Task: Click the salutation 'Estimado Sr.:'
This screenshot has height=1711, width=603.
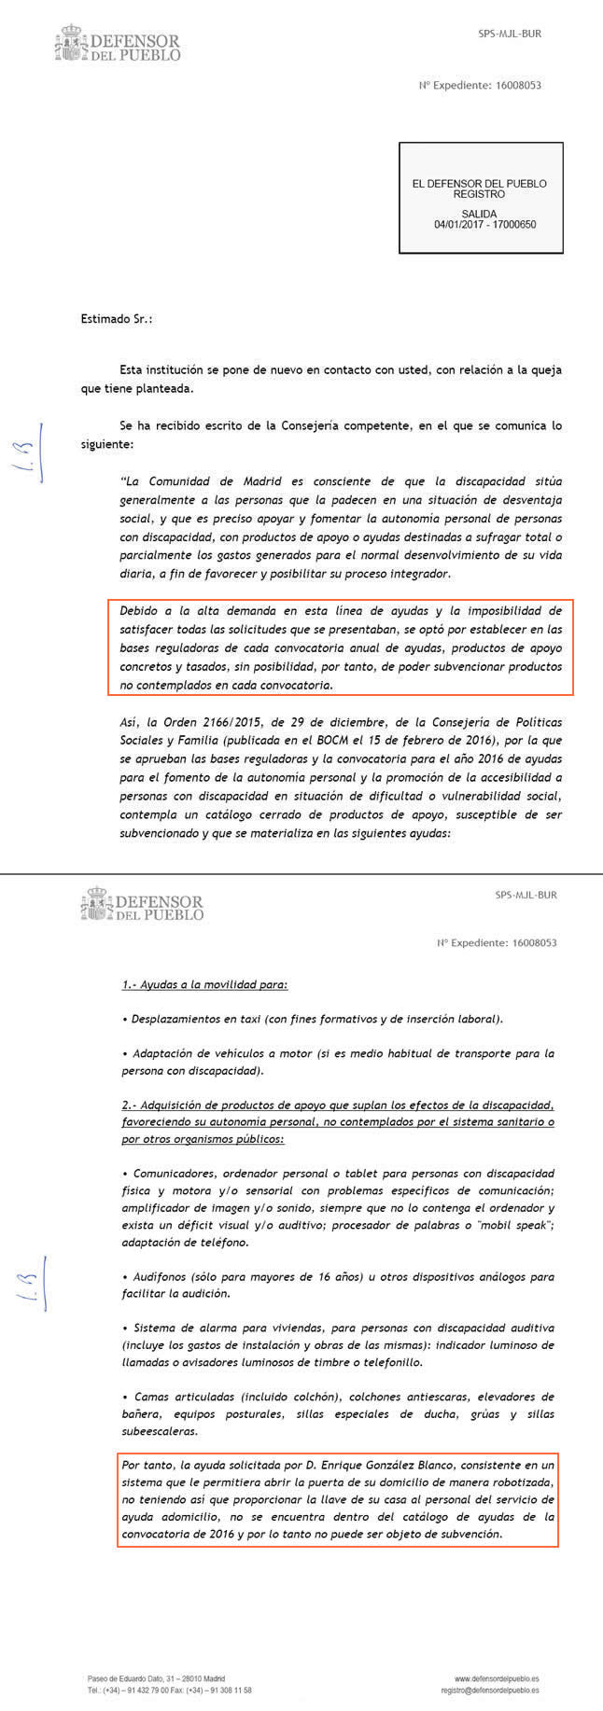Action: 116,319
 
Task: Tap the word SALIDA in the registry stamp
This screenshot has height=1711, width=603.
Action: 480,214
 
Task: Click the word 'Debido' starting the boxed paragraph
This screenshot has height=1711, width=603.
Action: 137,611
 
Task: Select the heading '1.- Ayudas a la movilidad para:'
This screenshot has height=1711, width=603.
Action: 204,984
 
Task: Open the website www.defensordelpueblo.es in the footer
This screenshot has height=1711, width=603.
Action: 497,1677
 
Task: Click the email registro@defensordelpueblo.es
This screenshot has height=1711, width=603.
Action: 489,1690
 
